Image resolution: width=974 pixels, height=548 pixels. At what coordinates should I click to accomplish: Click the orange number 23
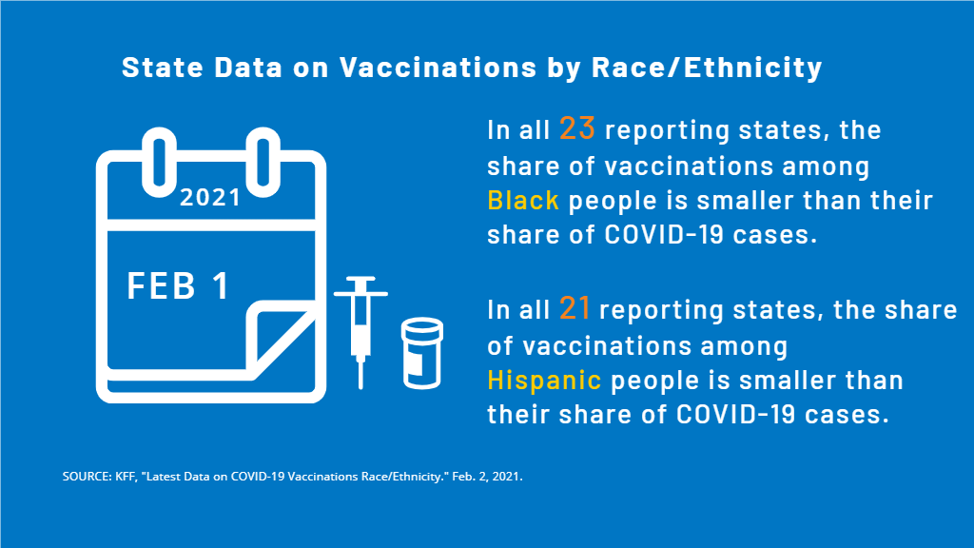(576, 128)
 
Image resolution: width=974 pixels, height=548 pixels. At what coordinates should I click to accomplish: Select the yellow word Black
(522, 201)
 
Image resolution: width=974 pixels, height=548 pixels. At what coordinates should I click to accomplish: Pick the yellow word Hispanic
(544, 381)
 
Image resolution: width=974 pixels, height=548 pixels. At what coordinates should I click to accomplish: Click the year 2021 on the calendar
(210, 198)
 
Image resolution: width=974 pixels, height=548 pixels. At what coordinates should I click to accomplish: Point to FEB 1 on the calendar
(179, 285)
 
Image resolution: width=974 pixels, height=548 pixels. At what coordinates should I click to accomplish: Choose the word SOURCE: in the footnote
(88, 476)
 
